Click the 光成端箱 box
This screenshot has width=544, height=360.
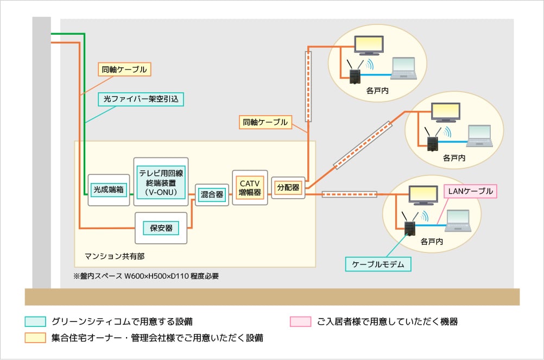click(109, 190)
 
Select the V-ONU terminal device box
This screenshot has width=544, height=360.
click(161, 182)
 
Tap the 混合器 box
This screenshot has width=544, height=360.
click(212, 194)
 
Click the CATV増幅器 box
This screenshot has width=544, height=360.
click(250, 187)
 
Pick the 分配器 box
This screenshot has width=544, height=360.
click(288, 188)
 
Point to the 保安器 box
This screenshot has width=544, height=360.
click(161, 228)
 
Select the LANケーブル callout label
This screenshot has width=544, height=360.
click(470, 191)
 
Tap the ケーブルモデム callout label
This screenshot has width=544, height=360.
click(378, 264)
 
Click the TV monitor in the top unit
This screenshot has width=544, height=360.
click(369, 45)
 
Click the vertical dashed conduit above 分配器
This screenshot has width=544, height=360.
click(308, 86)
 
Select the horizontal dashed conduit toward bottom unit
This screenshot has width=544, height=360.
click(349, 194)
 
